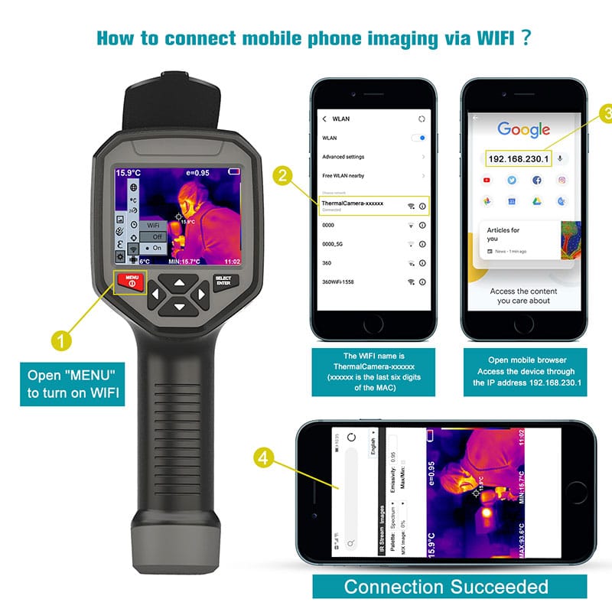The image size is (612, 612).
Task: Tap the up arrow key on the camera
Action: [x=179, y=282]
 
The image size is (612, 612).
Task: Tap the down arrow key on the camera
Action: [x=179, y=307]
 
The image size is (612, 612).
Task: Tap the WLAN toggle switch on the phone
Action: [x=418, y=138]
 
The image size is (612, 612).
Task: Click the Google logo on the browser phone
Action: [x=524, y=129]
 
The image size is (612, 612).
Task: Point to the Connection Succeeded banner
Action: [x=446, y=587]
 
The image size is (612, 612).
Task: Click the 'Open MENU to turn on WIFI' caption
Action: [x=71, y=384]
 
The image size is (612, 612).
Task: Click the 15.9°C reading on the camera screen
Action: [x=129, y=173]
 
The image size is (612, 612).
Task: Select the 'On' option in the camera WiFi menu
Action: [x=155, y=249]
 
